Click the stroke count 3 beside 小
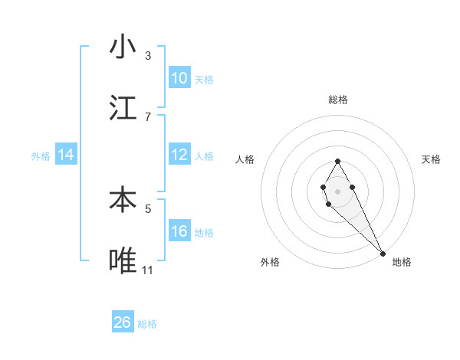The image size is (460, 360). (x=148, y=56)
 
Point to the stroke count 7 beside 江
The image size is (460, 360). (x=148, y=116)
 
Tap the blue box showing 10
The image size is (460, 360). (x=179, y=78)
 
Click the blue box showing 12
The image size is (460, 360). (x=179, y=155)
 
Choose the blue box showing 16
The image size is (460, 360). (x=179, y=231)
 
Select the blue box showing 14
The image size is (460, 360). (x=66, y=155)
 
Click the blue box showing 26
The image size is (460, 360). (x=123, y=322)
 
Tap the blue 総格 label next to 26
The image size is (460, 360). (x=147, y=324)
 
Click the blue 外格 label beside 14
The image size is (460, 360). (x=41, y=156)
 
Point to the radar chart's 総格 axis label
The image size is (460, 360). (x=337, y=100)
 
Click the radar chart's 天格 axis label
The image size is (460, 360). (x=431, y=159)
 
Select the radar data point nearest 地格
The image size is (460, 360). (x=383, y=252)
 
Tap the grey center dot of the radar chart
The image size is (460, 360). (x=337, y=190)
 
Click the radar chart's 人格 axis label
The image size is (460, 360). (x=245, y=159)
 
